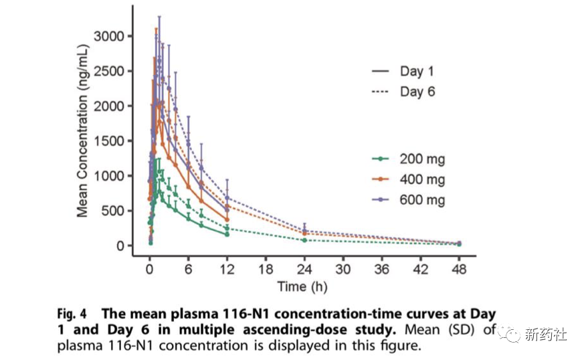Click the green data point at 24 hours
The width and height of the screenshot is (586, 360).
tap(305, 240)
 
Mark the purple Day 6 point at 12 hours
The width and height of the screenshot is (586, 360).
tap(227, 198)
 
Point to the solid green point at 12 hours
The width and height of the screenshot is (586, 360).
tap(227, 234)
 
